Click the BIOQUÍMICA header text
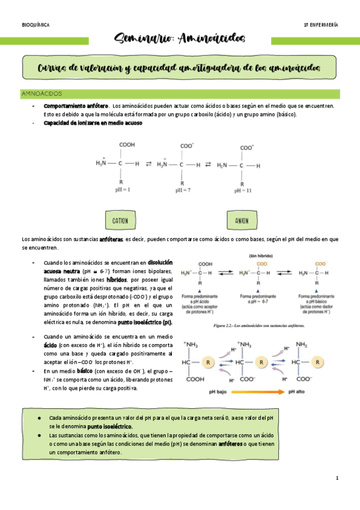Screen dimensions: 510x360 pos(35,25)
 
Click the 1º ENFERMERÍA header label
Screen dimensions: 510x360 pos(321,25)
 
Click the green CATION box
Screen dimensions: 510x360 pos(120,221)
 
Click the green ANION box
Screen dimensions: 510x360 pos(242,221)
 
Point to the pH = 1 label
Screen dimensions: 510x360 pos(123,189)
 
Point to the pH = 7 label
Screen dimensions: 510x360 pos(183,190)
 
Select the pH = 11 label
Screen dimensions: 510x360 pos(243,190)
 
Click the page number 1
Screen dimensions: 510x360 pos(338,478)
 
